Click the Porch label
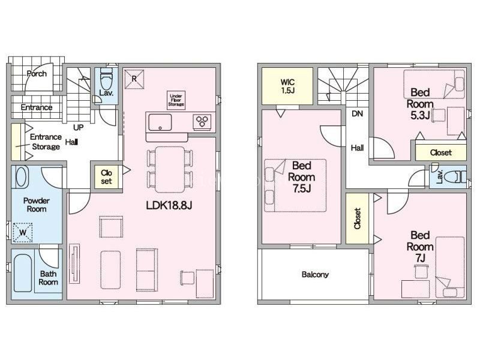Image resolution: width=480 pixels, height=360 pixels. [x=37, y=74]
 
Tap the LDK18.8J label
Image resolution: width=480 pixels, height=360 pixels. [x=169, y=205]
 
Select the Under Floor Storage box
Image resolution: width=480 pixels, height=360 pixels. [x=176, y=100]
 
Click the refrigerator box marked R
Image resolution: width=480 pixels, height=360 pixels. [x=134, y=79]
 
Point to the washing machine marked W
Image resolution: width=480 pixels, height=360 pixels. [x=23, y=232]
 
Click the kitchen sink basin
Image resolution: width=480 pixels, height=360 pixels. [x=160, y=122]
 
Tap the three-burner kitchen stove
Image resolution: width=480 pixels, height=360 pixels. [x=202, y=121]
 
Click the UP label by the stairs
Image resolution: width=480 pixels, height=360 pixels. [x=79, y=127]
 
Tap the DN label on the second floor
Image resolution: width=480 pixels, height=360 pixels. [x=357, y=114]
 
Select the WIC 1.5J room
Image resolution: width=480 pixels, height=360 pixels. [x=287, y=86]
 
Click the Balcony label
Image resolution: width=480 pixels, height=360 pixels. [x=315, y=274]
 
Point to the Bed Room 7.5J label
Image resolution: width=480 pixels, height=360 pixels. [x=302, y=177]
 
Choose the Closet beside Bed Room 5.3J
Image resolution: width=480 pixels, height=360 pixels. [x=441, y=152]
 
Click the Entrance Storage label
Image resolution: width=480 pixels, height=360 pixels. [x=46, y=142]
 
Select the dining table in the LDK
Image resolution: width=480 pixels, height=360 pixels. [x=170, y=169]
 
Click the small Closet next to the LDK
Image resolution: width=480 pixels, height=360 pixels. [x=106, y=177]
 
